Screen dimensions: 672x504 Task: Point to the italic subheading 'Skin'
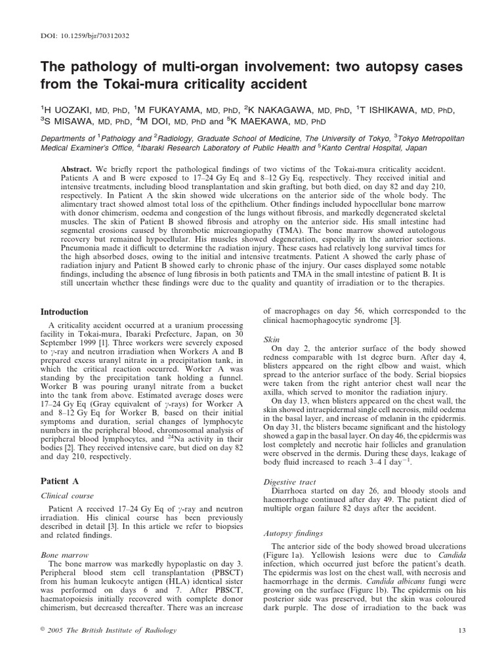click(x=272, y=340)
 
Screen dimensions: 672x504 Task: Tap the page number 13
click(x=460, y=649)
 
